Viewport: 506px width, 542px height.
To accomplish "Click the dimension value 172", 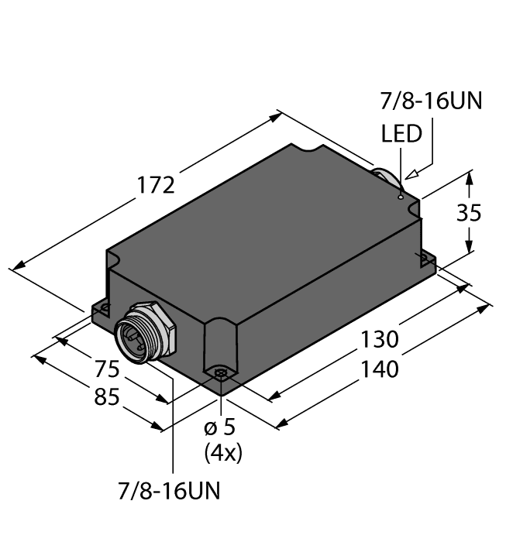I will [x=156, y=186].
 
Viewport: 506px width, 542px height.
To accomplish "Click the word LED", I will [x=401, y=134].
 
